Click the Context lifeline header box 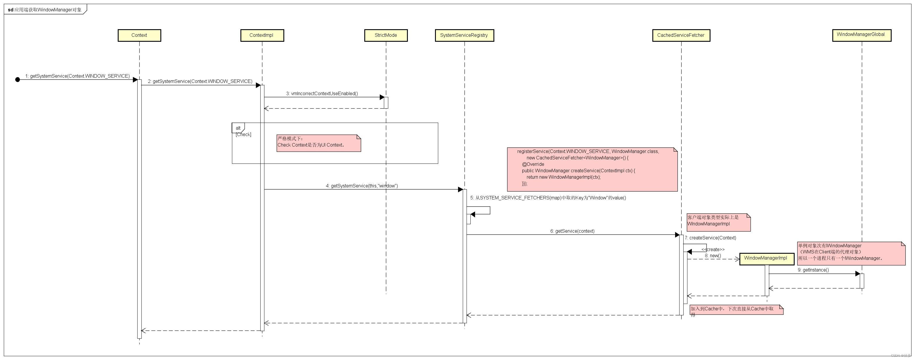(139, 35)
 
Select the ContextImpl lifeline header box (262, 35)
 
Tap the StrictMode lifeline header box (386, 35)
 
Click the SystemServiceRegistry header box (464, 35)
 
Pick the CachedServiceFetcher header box (681, 35)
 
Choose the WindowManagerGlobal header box (861, 35)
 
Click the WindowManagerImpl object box (767, 258)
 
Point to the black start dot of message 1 (18, 79)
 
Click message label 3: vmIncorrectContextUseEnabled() (322, 93)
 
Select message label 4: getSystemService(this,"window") (362, 186)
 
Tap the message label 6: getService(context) (572, 231)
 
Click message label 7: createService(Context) (710, 238)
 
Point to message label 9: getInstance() (813, 270)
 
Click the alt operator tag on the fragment (238, 128)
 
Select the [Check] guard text (243, 135)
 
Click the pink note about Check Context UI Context (319, 143)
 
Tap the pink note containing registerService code (592, 169)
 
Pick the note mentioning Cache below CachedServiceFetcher (736, 309)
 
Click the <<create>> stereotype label (713, 250)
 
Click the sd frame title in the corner (45, 10)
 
